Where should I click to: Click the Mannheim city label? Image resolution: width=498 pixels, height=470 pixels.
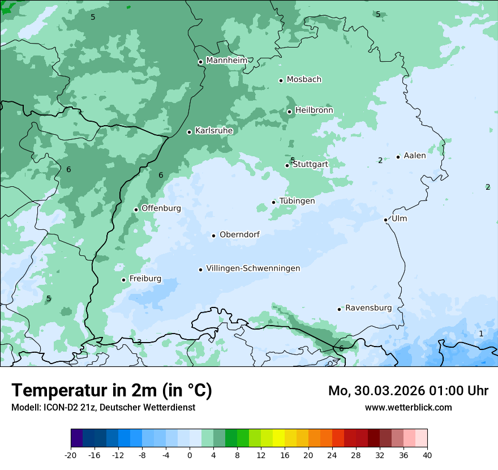(x=226, y=60)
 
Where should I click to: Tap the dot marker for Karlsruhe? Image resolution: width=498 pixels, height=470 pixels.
(x=190, y=132)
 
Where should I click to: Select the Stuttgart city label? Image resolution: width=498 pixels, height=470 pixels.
(x=310, y=164)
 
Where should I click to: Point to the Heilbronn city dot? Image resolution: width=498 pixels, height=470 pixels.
(x=290, y=112)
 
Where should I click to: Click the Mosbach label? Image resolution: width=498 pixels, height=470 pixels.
(x=304, y=79)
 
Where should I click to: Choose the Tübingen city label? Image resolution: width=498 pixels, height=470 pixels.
(x=297, y=201)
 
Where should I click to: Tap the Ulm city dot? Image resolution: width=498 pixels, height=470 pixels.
(x=386, y=220)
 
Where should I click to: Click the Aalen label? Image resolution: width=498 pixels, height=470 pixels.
(x=415, y=156)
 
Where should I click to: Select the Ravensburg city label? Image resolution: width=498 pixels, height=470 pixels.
(x=368, y=308)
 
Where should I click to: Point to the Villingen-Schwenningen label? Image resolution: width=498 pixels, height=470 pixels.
(x=253, y=268)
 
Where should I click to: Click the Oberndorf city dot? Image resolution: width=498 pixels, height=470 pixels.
(x=214, y=236)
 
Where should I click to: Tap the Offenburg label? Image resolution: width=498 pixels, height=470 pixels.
(x=161, y=208)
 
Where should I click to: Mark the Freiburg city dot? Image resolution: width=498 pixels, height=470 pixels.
(x=123, y=280)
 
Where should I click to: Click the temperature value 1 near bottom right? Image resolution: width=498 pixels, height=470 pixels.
(x=481, y=334)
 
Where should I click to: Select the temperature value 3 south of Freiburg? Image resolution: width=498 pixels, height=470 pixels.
(x=139, y=342)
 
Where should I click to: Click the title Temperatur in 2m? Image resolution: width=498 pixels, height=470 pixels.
(x=111, y=390)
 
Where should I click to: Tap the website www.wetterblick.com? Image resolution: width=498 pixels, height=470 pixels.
(x=408, y=407)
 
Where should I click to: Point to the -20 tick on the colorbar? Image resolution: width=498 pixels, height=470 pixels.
(x=71, y=455)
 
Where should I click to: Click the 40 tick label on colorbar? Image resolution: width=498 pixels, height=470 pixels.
(x=427, y=455)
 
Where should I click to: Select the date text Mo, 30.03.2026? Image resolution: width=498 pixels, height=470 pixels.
(x=383, y=391)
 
